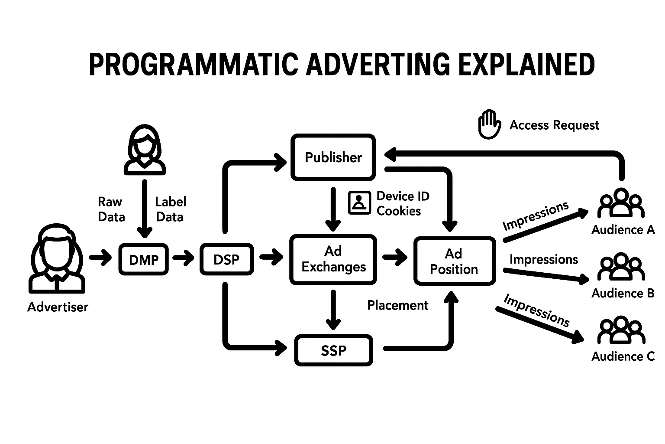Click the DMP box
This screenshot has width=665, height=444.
143,259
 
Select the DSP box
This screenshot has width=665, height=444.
226,259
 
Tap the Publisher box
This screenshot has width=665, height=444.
333,157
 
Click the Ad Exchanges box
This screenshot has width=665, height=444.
333,259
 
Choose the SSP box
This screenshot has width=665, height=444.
333,350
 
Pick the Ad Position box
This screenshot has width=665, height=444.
454,261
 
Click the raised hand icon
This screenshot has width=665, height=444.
489,124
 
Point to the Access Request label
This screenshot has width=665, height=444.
554,125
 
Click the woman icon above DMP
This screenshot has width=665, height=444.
145,150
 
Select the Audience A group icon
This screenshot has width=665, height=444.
621,203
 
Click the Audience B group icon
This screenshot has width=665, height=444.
621,267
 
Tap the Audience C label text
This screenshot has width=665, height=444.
623,356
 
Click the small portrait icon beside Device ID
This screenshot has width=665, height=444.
359,202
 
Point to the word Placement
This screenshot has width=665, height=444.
397,305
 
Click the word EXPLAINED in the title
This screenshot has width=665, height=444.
526,65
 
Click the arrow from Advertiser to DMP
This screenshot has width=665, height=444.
100,258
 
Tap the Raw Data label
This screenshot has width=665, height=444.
111,209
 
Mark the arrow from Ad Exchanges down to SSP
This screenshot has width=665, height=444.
333,310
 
